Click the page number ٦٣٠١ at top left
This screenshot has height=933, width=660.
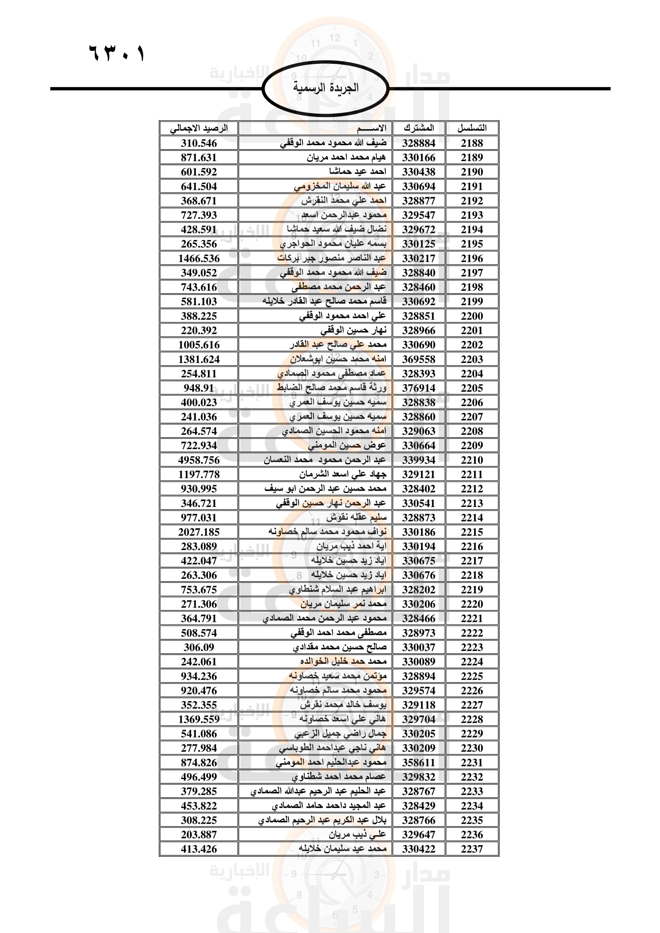click(117, 53)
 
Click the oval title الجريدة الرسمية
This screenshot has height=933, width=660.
click(326, 88)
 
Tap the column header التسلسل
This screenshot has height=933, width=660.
click(472, 128)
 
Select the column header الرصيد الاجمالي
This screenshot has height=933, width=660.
click(199, 128)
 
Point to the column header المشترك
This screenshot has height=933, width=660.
click(419, 128)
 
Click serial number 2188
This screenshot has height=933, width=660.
click(472, 143)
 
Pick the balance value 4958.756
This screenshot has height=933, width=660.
click(199, 460)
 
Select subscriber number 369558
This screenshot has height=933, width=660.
click(419, 359)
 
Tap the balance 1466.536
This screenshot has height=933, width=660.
click(199, 258)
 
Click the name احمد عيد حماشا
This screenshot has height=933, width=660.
click(358, 172)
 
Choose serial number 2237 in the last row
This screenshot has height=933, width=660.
click(472, 849)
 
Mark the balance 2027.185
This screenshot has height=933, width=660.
click(199, 532)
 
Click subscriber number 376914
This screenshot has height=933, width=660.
click(419, 388)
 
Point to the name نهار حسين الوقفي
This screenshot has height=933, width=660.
click(353, 330)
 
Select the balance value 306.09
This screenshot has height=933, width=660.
click(199, 647)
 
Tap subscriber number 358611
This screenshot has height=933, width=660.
click(419, 762)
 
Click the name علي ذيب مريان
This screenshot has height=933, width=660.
click(357, 834)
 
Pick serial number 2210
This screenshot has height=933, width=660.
click(472, 460)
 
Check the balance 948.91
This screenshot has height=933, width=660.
click(199, 388)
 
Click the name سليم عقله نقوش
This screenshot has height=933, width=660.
click(356, 518)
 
